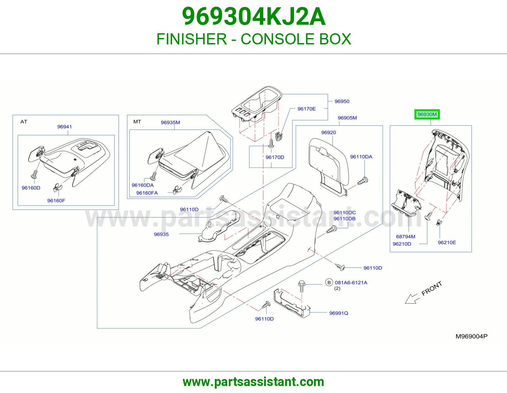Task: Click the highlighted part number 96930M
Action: point(427,114)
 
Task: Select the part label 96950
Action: point(342,101)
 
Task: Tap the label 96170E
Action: point(307,109)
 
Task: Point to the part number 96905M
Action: point(347,118)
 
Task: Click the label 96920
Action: point(329,132)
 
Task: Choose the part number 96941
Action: point(65,127)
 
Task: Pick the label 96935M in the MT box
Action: point(170,123)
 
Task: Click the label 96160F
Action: point(56,201)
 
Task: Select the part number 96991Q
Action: point(338,313)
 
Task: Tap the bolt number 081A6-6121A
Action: point(351,283)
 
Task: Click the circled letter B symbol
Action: point(329,283)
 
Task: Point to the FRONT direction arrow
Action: point(412,299)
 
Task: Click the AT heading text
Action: point(24,122)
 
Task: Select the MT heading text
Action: point(137,122)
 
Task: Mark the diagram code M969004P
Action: point(472,336)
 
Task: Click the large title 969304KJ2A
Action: point(253,16)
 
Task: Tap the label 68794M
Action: point(406,236)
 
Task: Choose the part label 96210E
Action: point(447,242)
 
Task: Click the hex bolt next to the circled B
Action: point(301,286)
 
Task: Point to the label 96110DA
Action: point(361,157)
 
